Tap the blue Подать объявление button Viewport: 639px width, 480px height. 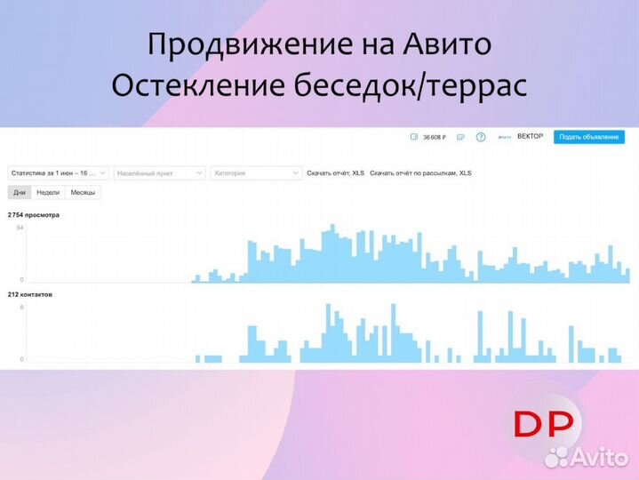[588, 137]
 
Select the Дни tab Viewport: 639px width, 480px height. [20, 192]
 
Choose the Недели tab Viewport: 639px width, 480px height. [48, 192]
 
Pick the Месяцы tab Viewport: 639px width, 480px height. [84, 192]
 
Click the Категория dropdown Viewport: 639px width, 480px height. [256, 172]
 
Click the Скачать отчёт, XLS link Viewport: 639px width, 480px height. [335, 172]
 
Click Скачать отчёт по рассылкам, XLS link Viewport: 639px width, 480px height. [420, 172]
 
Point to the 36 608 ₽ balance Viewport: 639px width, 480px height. [433, 137]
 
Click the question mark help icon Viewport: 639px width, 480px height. [481, 137]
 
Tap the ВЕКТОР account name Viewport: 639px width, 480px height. [530, 137]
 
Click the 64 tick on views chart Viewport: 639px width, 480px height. [20, 228]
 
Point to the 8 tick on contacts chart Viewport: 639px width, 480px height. [21, 307]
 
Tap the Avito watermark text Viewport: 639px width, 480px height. [600, 457]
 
